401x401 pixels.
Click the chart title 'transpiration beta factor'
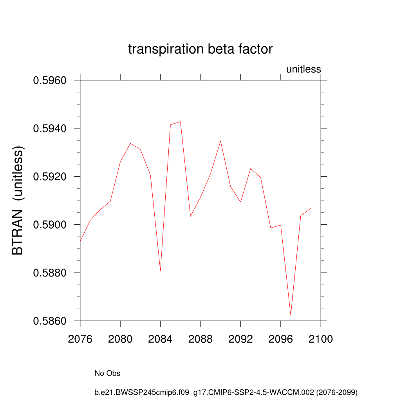click(x=200, y=49)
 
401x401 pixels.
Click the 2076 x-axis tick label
click(x=80, y=339)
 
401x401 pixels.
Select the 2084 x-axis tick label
click(x=160, y=339)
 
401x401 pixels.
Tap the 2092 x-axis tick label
click(x=240, y=339)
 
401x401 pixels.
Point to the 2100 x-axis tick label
click(x=321, y=339)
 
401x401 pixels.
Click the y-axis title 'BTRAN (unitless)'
click(x=18, y=200)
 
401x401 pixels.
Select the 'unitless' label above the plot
click(x=303, y=69)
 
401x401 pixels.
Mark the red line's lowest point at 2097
click(x=291, y=315)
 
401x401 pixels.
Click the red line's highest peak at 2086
click(x=180, y=121)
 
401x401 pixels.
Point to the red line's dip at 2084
click(x=160, y=271)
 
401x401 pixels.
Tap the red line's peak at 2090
click(x=220, y=141)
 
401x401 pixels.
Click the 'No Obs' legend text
click(x=107, y=373)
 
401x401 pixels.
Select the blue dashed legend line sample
click(x=63, y=373)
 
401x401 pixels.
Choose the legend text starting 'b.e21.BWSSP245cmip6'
click(x=226, y=392)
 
